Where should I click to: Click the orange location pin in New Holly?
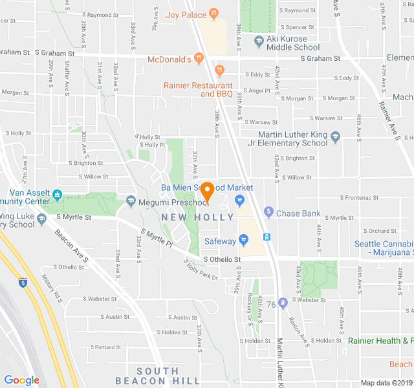[207, 192]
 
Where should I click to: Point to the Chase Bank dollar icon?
[268, 213]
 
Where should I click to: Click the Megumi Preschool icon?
[131, 202]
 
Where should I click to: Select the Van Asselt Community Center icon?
[58, 193]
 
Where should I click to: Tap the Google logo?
[22, 380]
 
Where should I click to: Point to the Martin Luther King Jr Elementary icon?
[335, 137]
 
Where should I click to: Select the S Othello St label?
[222, 259]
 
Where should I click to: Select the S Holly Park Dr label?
[201, 270]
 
